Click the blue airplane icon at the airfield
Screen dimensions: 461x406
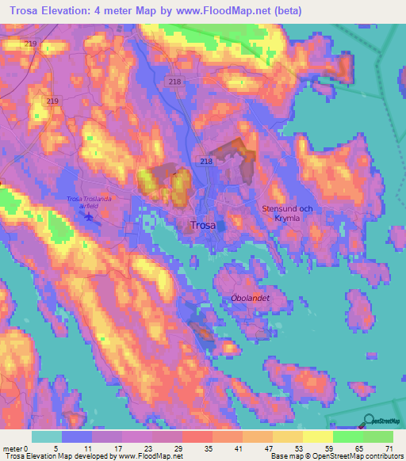click(x=88, y=215)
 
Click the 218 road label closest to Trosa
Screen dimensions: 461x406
click(x=206, y=161)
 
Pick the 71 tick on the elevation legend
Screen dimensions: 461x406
click(x=388, y=448)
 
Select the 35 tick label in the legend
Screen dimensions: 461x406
click(x=209, y=448)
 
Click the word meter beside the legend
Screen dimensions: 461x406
click(x=12, y=448)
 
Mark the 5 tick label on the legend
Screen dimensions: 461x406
click(x=60, y=448)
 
